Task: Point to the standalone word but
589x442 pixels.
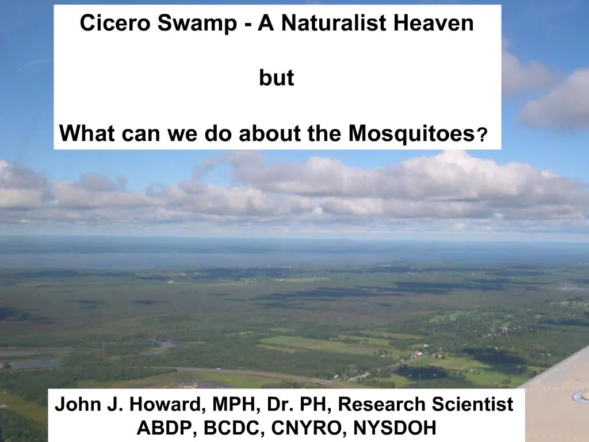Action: coord(276,79)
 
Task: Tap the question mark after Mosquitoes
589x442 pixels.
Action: coord(484,136)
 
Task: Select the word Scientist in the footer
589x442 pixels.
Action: coord(468,405)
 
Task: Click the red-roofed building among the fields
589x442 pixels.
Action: coord(418,354)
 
